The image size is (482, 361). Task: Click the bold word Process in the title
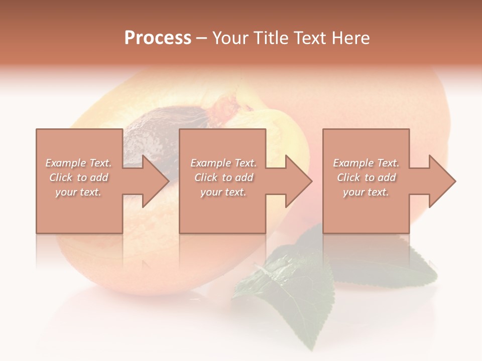point(158,38)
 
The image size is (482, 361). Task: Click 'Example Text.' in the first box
point(78,163)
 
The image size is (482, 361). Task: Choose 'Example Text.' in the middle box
point(223,163)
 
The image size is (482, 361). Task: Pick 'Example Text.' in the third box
point(366,163)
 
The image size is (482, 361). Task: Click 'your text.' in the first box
point(78,192)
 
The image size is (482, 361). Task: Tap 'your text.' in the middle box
point(223,192)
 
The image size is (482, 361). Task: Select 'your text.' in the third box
point(366,192)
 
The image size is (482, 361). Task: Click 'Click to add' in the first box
point(78,177)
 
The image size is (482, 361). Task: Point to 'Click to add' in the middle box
point(223,177)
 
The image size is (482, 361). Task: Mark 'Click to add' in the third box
point(366,177)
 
